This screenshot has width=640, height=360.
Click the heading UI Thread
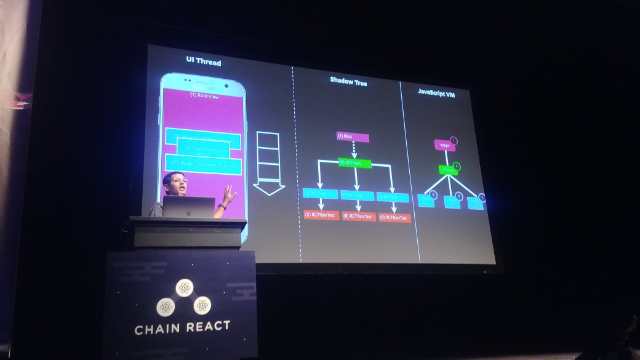[203, 62]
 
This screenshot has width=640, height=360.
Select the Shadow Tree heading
[348, 81]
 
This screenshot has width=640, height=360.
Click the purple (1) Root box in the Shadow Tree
[353, 137]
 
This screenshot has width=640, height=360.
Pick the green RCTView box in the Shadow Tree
[354, 164]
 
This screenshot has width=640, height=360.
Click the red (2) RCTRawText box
[321, 215]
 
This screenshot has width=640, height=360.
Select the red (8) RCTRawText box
[358, 217]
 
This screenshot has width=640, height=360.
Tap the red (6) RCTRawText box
[394, 218]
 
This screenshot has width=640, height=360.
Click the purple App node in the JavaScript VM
[444, 146]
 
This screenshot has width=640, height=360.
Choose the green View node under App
[448, 170]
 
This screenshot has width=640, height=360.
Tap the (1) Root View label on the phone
[204, 95]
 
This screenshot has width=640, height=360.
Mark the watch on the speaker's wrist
[222, 207]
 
